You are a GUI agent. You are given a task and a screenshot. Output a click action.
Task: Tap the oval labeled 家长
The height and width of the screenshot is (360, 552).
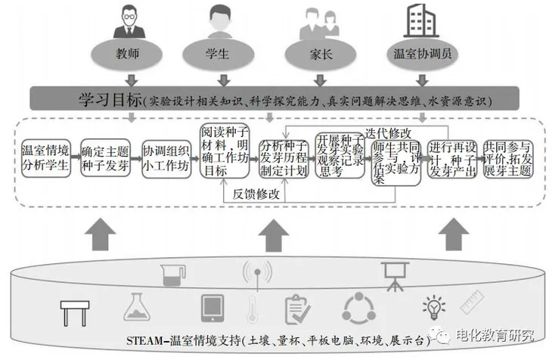pyautogui.click(x=310, y=55)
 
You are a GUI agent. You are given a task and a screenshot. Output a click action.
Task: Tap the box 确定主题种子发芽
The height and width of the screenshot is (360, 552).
pyautogui.click(x=104, y=157)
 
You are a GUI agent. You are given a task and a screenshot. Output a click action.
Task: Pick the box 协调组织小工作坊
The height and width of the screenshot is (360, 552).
pyautogui.click(x=166, y=157)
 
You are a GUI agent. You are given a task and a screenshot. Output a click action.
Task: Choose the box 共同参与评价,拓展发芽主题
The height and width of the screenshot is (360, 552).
pyautogui.click(x=507, y=157)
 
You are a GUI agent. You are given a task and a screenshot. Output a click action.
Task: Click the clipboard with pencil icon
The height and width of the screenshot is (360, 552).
pyautogui.click(x=297, y=309)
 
